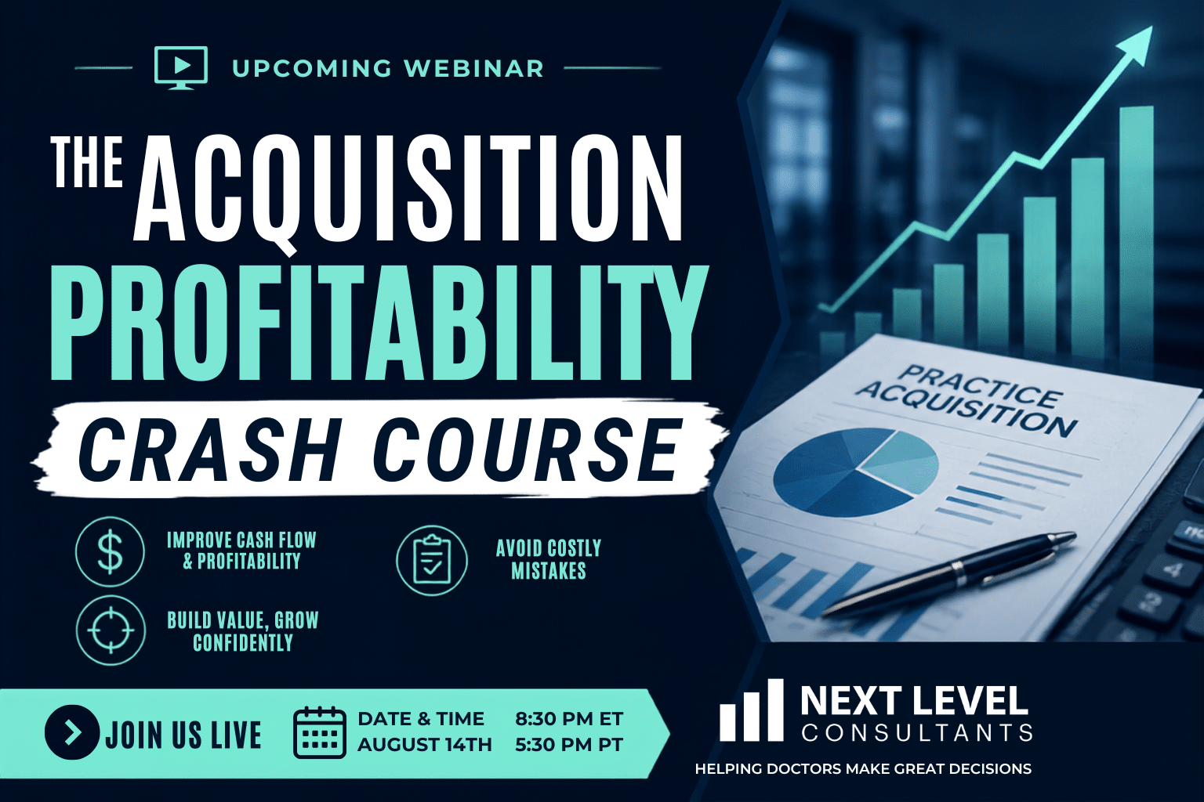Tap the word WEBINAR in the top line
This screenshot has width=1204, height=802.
click(473, 68)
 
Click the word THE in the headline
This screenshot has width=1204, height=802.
click(86, 161)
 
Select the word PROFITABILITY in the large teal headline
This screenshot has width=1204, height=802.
click(379, 323)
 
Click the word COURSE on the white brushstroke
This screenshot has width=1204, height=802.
click(525, 450)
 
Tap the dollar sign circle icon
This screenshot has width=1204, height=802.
click(111, 551)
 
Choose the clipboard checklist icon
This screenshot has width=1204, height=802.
click(432, 560)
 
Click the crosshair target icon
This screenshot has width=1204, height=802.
click(111, 630)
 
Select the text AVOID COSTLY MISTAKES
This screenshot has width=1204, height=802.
click(548, 559)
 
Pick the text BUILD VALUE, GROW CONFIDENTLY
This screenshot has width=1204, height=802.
click(243, 631)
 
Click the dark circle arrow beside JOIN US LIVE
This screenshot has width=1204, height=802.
click(72, 732)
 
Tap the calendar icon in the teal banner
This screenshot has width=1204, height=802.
click(319, 733)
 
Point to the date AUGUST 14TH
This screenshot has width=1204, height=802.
click(425, 745)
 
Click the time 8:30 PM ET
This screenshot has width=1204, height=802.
click(569, 719)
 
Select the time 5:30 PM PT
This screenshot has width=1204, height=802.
click(569, 745)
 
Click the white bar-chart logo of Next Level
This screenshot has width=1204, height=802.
click(752, 710)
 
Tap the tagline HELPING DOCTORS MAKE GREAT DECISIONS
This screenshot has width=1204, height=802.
click(863, 768)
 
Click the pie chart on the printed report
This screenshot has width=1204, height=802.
click(856, 472)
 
